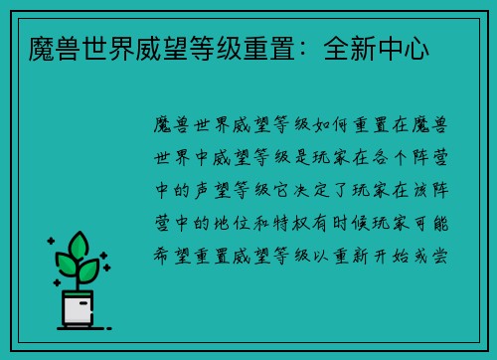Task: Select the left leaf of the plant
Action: [65, 264]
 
